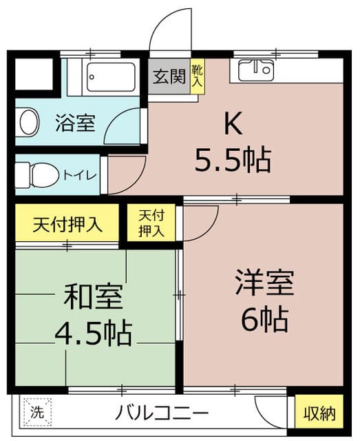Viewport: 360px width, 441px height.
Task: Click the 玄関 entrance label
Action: coord(169,76)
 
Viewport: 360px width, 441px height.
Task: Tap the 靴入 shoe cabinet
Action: coord(198,76)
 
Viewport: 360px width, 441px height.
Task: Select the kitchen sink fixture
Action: coord(256,70)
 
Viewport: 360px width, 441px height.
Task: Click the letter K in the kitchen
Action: coord(232,124)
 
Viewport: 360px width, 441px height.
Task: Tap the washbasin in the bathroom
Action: coord(28,123)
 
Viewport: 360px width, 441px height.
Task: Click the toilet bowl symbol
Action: coord(31,172)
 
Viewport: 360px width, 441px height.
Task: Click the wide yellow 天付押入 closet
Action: coord(67,224)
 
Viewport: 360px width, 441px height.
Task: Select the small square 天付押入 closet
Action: coord(151,223)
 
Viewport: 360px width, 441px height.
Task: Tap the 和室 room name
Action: coord(94,296)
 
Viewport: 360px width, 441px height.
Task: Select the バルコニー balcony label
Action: coord(162,413)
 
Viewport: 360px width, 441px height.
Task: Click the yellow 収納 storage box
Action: coord(320,413)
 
